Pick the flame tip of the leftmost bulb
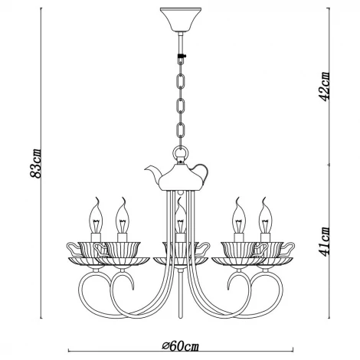97,201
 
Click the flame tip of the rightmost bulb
265,201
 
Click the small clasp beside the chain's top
185,58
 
